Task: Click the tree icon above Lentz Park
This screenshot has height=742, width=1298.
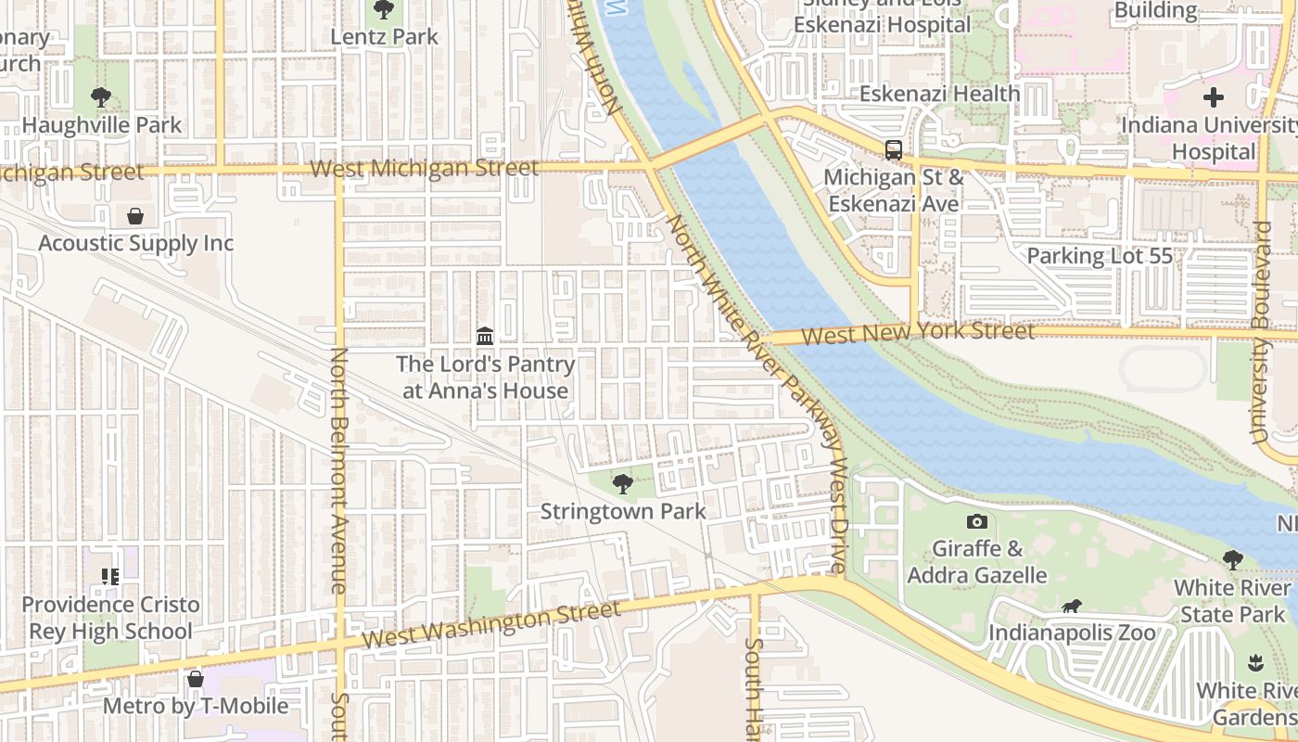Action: point(383,10)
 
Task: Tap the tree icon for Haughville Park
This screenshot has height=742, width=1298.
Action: point(101,96)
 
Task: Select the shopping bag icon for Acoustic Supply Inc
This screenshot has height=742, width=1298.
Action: point(135,216)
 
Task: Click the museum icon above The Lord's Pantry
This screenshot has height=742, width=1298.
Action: point(485,336)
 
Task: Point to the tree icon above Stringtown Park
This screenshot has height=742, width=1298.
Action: point(623,483)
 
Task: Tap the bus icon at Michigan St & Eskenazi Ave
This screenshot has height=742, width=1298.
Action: point(894,149)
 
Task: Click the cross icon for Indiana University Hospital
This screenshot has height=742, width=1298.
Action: point(1213,96)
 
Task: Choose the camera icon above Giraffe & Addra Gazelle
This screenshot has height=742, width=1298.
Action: point(976,521)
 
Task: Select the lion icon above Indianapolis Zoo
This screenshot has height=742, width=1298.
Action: point(1072,607)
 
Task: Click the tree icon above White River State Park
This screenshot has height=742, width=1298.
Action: point(1232,559)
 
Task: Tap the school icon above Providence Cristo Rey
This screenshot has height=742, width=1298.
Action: point(110,577)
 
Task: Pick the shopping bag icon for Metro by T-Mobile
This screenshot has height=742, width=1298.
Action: point(195,679)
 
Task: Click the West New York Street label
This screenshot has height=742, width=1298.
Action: point(918,332)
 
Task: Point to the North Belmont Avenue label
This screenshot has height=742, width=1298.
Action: point(339,470)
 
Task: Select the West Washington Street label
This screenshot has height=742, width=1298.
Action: point(490,625)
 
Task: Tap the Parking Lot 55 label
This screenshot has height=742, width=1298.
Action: point(1100,256)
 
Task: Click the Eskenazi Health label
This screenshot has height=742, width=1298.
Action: point(939,94)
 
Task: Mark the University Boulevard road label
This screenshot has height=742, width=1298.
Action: point(1260,332)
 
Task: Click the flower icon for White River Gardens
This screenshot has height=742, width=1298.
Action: point(1255,662)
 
